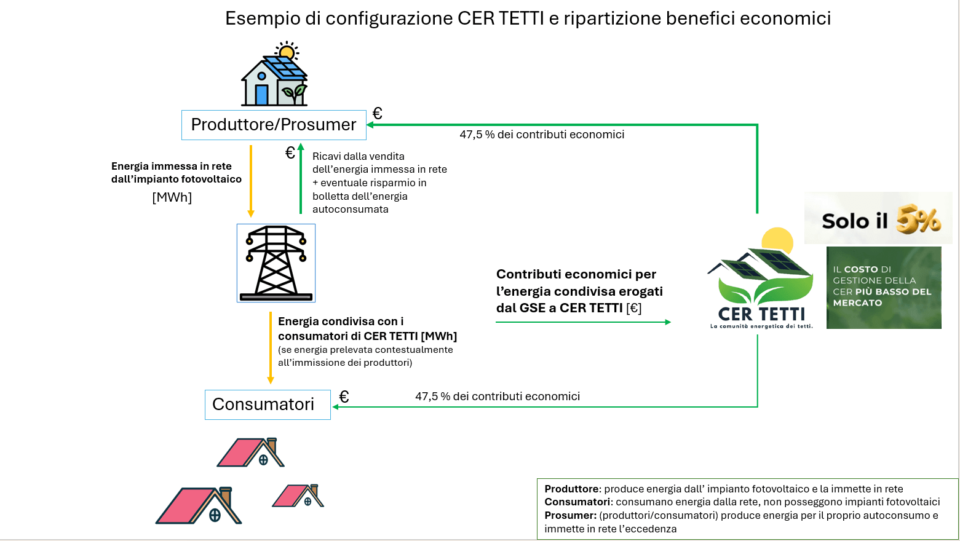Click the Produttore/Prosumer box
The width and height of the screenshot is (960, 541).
(274, 125)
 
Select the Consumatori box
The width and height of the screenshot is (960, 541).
(267, 405)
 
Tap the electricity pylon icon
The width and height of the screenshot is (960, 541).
(276, 263)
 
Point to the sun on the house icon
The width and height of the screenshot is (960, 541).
(287, 50)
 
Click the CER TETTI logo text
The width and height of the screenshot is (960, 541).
(761, 314)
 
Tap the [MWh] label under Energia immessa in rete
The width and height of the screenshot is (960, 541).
(172, 197)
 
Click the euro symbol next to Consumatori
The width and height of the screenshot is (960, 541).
(344, 397)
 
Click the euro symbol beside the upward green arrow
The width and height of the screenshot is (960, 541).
(290, 153)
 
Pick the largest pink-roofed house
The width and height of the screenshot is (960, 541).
(199, 505)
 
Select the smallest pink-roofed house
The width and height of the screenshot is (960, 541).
(298, 496)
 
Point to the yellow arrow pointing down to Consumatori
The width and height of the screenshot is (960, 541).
(270, 347)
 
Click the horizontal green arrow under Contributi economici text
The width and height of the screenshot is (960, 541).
(582, 322)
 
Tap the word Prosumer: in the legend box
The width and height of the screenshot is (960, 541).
(570, 515)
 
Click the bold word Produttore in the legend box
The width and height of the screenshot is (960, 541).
(571, 489)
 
